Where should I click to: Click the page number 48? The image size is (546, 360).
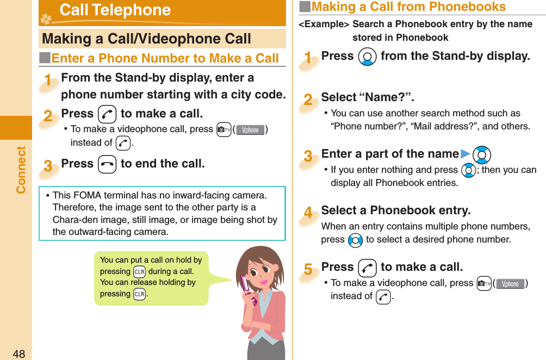pos(18,354)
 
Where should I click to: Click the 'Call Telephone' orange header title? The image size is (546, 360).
pos(115,10)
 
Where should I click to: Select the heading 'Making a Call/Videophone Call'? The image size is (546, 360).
pos(146,39)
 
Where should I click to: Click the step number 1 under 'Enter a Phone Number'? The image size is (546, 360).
pos(49,81)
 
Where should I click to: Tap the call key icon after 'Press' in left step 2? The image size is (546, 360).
pos(107,114)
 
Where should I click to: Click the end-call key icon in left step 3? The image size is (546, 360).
pos(107,164)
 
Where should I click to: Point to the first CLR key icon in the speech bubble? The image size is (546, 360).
pos(139,271)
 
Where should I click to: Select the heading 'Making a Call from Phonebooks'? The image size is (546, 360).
pos(408,7)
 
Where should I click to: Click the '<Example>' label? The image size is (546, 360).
pos(324,24)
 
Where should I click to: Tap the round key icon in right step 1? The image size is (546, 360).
pos(367,57)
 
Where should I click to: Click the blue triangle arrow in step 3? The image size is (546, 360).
pos(465,154)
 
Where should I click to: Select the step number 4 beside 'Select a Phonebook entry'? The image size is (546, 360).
pos(308,214)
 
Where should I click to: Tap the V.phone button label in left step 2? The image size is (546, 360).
pos(251,130)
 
